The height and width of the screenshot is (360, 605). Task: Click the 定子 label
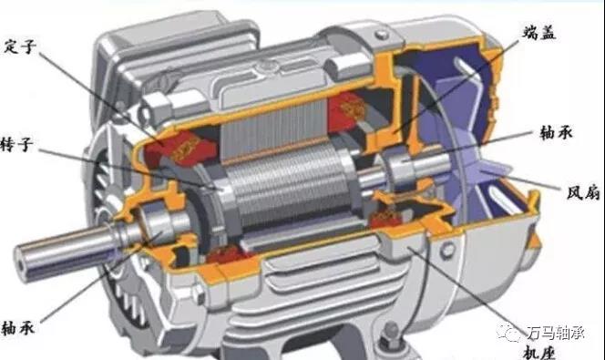tap(20, 47)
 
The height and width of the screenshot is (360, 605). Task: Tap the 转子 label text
tap(17, 146)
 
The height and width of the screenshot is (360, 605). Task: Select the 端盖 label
tap(539, 33)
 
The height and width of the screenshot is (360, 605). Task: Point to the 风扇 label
tap(583, 192)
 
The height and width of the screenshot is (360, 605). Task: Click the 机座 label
tap(539, 352)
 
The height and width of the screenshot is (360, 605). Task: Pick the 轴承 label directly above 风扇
tap(556, 133)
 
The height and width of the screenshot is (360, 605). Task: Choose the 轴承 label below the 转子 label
tap(18, 328)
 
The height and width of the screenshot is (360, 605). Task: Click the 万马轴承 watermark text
tap(556, 333)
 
